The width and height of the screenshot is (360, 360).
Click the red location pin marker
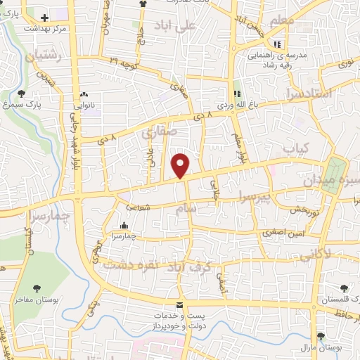181,165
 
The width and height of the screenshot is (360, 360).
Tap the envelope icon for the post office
180,305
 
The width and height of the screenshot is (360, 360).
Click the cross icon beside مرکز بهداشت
45,18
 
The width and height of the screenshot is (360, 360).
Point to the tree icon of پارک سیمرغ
21,93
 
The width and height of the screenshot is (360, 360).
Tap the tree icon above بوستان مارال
321,336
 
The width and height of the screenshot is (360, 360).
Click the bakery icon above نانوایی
84,93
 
